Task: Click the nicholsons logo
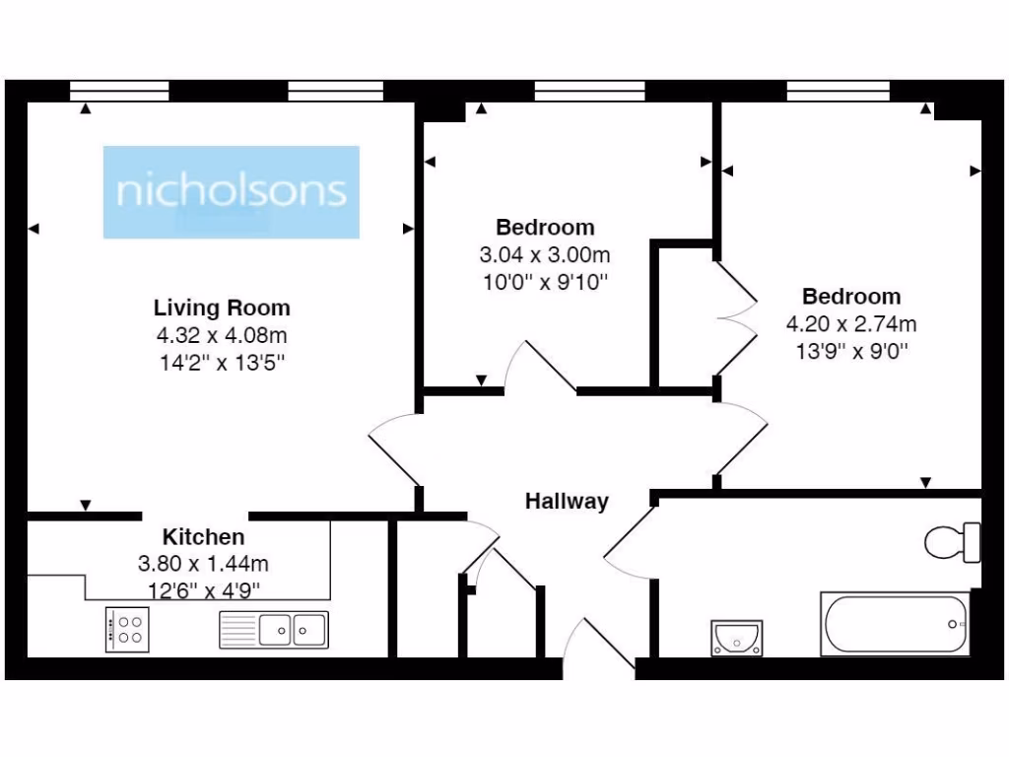(x=232, y=191)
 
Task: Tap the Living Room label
(x=222, y=307)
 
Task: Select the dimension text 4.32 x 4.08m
(x=222, y=335)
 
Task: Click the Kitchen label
(x=203, y=537)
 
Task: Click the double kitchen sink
(x=273, y=629)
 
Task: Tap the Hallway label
(x=566, y=501)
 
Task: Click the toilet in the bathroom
(x=952, y=541)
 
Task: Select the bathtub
(x=895, y=623)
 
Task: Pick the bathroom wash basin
(x=736, y=637)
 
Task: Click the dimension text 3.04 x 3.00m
(x=545, y=254)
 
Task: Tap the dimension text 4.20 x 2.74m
(x=850, y=323)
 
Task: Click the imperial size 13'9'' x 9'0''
(x=850, y=349)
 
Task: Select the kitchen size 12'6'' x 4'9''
(x=203, y=590)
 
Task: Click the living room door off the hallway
(x=391, y=447)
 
